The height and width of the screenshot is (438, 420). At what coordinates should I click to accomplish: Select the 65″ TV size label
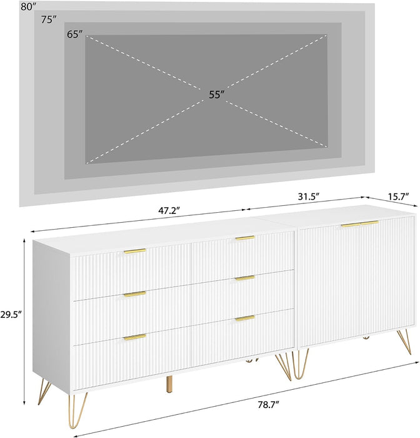pyautogui.click(x=75, y=34)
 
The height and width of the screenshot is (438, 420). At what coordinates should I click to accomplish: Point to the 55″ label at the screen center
pyautogui.click(x=216, y=94)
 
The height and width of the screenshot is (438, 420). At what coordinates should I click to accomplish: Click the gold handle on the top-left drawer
pyautogui.click(x=134, y=251)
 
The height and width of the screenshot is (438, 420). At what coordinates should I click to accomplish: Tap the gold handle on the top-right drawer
pyautogui.click(x=245, y=238)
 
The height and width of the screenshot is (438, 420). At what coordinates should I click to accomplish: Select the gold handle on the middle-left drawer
pyautogui.click(x=134, y=293)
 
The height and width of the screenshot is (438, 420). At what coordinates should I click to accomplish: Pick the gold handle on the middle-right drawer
pyautogui.click(x=245, y=278)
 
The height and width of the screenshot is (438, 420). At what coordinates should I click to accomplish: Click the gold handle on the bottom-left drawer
pyautogui.click(x=134, y=337)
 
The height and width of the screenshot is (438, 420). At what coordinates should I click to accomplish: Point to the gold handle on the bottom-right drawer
pyautogui.click(x=245, y=318)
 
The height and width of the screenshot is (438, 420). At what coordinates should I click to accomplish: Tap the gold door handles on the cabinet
pyautogui.click(x=359, y=223)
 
